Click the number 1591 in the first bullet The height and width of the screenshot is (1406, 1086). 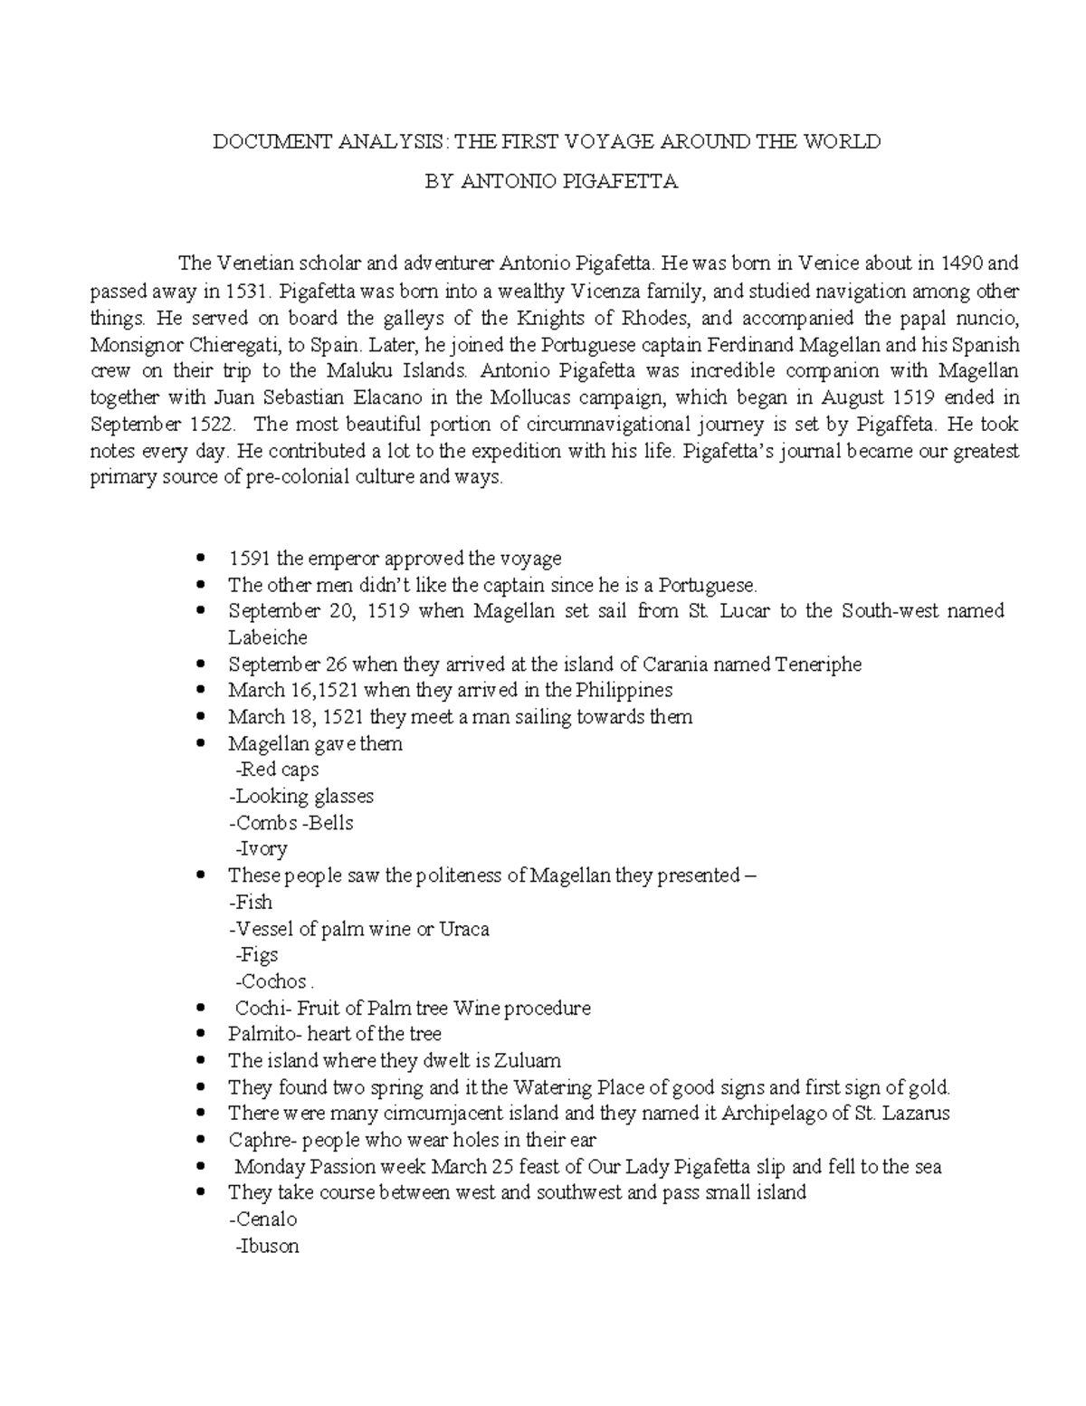(250, 559)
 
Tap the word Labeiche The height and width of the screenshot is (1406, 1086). (268, 637)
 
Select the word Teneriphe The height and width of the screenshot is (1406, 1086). (818, 665)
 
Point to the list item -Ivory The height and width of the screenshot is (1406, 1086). (262, 849)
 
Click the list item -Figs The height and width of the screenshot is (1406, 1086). (257, 955)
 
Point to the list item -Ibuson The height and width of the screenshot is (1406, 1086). (267, 1246)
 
